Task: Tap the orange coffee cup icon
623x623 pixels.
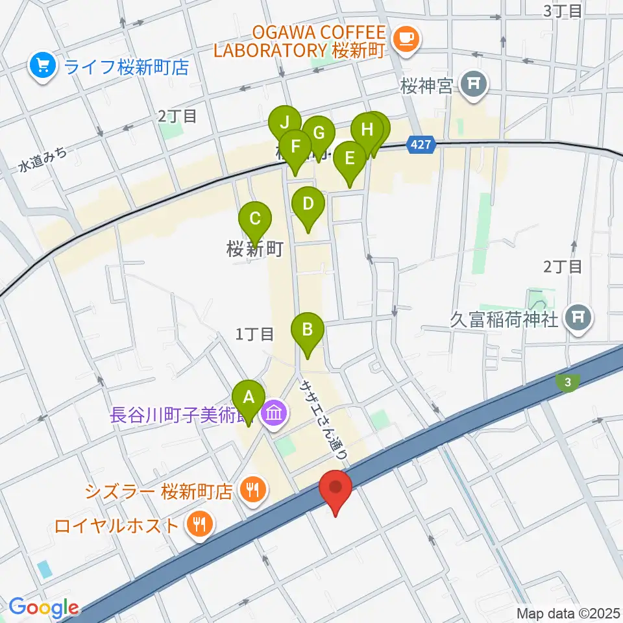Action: (x=407, y=38)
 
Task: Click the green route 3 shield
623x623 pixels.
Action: (x=568, y=383)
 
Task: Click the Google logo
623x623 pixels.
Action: (x=43, y=608)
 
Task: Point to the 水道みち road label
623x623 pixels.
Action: (x=43, y=159)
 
